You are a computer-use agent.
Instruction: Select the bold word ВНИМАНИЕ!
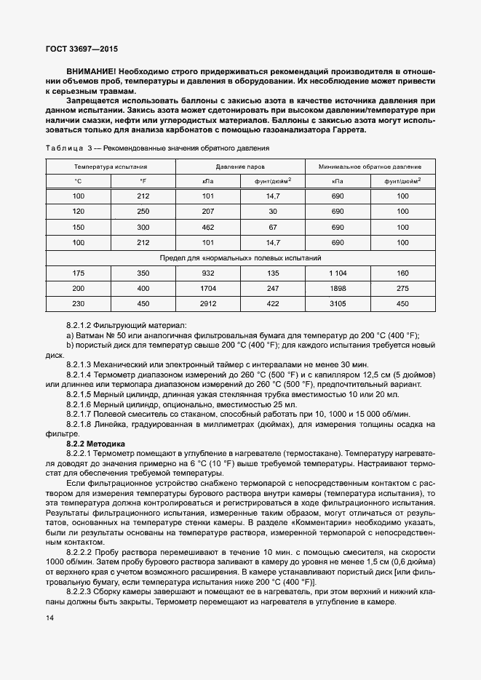coord(90,73)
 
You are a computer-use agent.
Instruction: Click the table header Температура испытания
coord(110,167)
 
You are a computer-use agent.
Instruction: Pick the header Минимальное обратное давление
coord(370,167)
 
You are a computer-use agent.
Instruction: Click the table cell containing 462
coord(207,227)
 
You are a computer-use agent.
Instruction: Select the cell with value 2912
coord(207,304)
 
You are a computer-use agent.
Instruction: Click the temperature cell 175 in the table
coord(78,273)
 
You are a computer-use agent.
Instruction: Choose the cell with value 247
coord(273,289)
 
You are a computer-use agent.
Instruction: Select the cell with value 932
coord(207,273)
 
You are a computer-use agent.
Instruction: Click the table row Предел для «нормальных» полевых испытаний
coord(240,257)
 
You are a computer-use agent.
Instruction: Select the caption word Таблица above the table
coord(64,148)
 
